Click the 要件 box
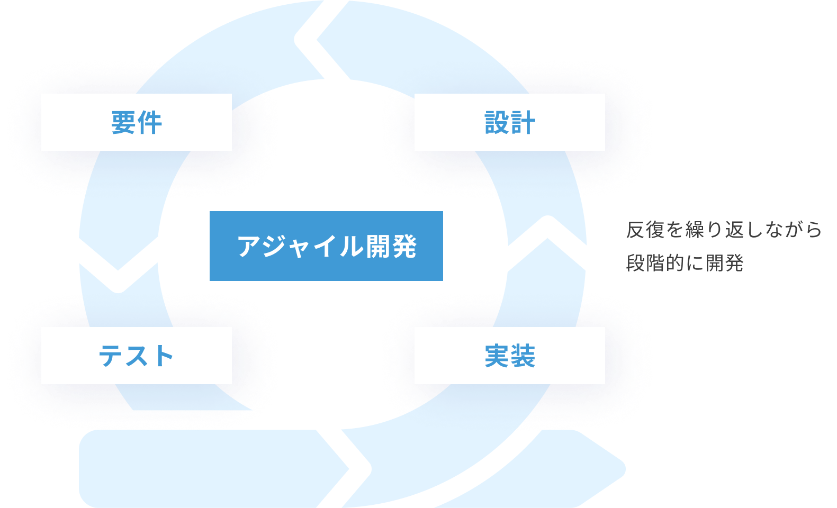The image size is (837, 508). (x=136, y=122)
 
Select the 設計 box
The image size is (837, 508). (x=509, y=122)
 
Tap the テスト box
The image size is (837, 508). (x=136, y=355)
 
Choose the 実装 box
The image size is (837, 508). (x=509, y=355)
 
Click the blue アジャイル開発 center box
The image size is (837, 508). (x=326, y=246)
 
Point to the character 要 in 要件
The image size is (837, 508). (x=123, y=123)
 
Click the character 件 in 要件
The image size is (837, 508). (x=150, y=123)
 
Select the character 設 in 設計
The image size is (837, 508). (x=497, y=123)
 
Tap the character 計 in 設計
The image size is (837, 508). (x=523, y=123)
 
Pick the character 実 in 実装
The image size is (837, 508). (x=497, y=356)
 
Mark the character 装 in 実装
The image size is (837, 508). (x=523, y=356)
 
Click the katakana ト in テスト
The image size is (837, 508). (x=162, y=356)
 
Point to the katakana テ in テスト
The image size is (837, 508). (x=111, y=356)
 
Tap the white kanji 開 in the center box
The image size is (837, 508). (x=379, y=247)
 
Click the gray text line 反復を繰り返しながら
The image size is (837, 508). (x=724, y=230)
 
